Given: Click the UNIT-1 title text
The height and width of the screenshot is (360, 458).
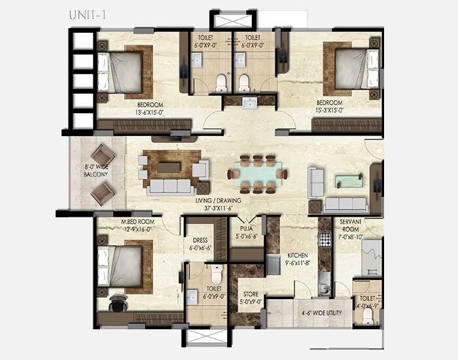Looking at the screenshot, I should [86, 14].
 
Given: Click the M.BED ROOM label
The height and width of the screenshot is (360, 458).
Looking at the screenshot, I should [137, 222].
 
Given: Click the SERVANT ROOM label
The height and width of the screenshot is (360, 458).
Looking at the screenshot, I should [351, 226].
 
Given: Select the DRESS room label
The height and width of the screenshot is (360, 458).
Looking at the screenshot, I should [199, 240].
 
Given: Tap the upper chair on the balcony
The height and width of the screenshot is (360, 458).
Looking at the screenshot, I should [102, 156].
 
